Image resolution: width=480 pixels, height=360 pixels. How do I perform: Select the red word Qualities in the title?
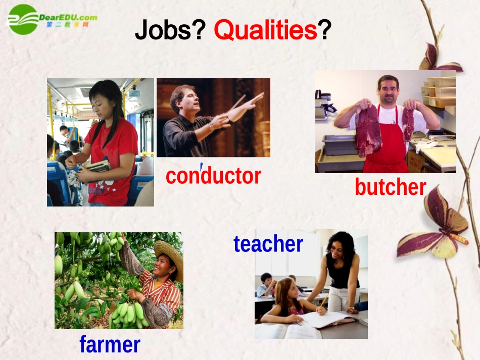265,31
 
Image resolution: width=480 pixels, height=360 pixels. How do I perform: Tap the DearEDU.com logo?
51,19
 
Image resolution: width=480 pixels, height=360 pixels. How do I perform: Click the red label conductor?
213,176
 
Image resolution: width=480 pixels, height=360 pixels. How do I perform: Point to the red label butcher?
390,187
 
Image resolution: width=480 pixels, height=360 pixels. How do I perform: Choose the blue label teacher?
268,244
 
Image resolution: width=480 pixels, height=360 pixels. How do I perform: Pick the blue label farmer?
110,344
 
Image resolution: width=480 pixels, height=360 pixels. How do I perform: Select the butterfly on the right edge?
435,227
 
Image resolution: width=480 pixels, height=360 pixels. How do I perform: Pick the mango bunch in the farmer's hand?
129,313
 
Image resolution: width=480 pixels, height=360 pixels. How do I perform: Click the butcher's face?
388,90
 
